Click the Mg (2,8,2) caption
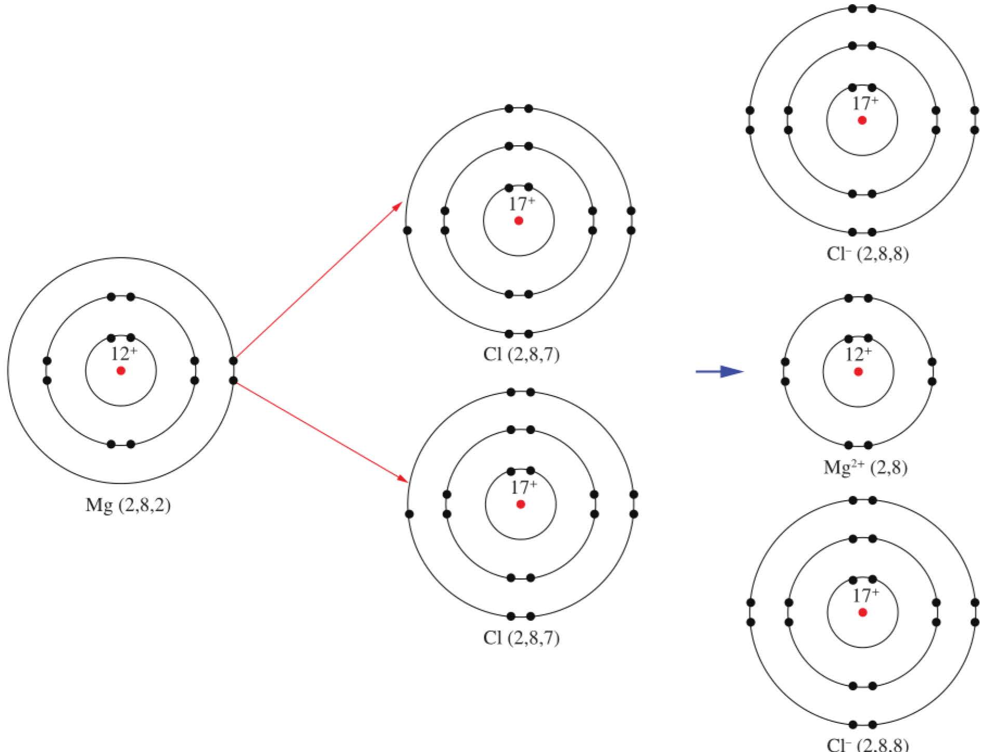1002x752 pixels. click(x=128, y=505)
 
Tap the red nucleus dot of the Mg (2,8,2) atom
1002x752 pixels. click(x=121, y=371)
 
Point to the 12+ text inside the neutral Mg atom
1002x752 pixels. click(x=124, y=354)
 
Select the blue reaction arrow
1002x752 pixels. click(x=719, y=372)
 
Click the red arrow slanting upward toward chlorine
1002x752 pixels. click(x=319, y=280)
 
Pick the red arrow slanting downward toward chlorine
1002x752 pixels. click(x=322, y=433)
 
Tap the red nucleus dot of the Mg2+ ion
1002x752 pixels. click(x=858, y=372)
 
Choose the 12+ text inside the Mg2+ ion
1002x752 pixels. click(x=858, y=354)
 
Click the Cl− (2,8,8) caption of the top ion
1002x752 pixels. click(x=867, y=254)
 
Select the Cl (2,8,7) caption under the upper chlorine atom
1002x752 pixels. click(x=521, y=354)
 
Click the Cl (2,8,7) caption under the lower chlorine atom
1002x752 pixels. click(x=521, y=637)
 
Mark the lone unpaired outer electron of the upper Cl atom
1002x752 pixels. click(x=408, y=230)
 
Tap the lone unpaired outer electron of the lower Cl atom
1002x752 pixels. click(x=409, y=514)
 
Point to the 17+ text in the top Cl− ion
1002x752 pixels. click(x=865, y=103)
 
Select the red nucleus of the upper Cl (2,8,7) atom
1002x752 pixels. click(x=519, y=221)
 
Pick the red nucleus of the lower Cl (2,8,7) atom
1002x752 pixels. click(x=521, y=504)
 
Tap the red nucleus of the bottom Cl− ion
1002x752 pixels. click(x=863, y=612)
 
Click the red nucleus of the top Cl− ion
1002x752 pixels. click(x=862, y=120)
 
